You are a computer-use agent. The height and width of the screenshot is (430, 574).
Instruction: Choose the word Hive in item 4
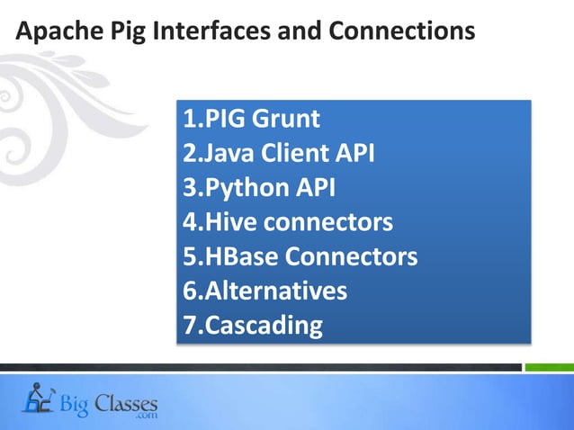[226, 222]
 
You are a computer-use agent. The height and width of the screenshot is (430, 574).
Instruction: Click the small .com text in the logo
[145, 417]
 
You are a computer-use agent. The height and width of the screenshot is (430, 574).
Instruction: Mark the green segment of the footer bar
[549, 367]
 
